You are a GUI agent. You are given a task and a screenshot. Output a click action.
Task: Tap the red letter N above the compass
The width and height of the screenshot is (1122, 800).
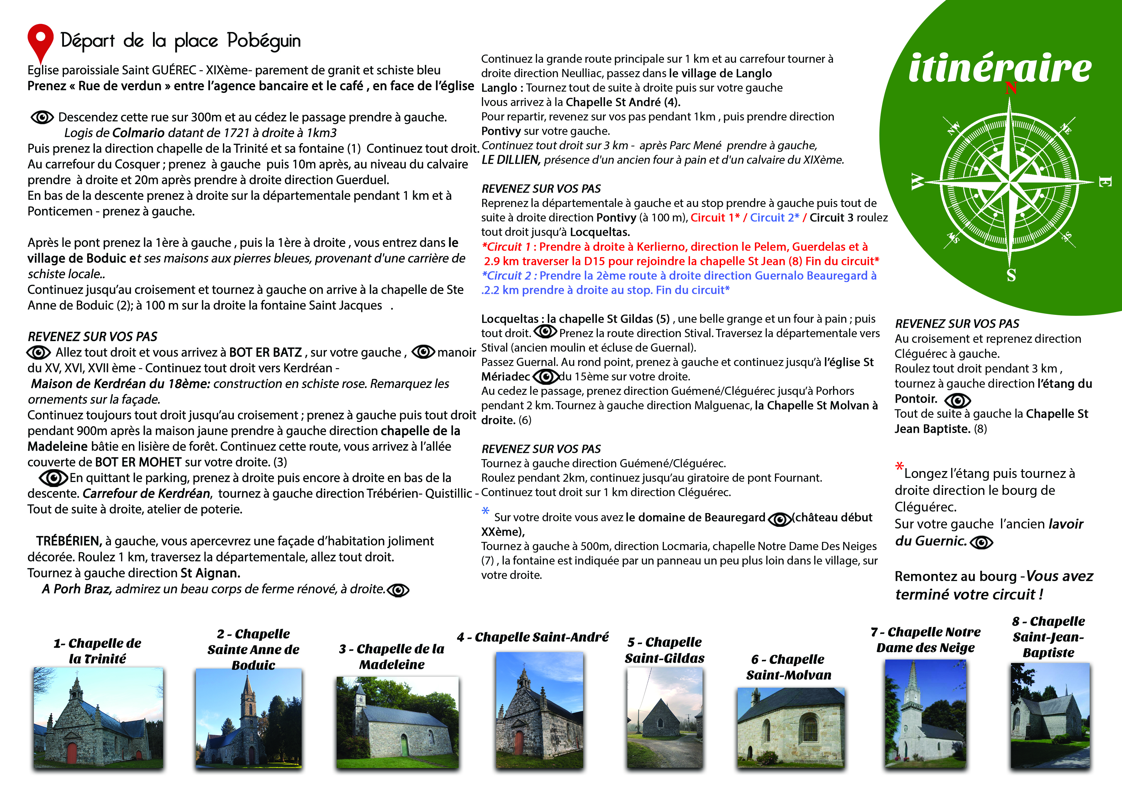point(1011,88)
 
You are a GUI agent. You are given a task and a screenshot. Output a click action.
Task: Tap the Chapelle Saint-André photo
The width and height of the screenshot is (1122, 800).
point(539,710)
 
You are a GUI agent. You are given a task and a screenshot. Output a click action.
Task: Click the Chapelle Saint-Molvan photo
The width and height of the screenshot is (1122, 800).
point(791,727)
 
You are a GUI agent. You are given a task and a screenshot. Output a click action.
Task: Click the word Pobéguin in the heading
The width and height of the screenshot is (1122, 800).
point(264,41)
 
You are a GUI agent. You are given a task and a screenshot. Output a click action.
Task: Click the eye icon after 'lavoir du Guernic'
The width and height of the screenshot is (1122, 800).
point(981,542)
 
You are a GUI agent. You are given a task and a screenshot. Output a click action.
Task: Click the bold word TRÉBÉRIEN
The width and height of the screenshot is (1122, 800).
point(69,541)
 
